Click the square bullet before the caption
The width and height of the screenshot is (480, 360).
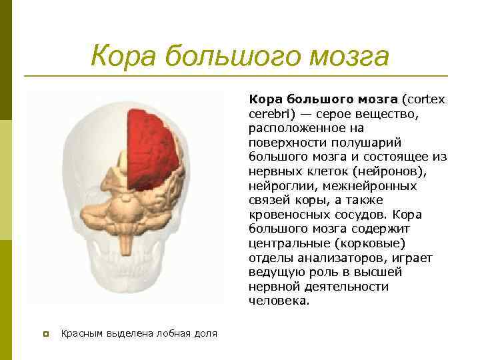coord(46,333)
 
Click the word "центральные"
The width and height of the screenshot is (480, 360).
coord(289,243)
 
